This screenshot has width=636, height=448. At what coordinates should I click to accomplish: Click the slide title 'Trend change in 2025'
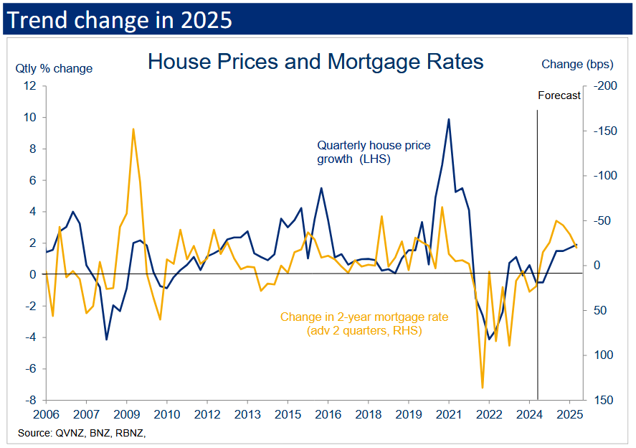tap(119, 19)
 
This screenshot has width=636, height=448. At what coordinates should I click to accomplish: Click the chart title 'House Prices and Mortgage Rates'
tap(315, 62)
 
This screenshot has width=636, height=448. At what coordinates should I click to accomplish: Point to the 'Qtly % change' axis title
tap(54, 69)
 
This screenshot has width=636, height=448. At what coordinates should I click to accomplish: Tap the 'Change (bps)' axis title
tap(577, 65)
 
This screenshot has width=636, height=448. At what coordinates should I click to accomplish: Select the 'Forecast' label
tap(559, 95)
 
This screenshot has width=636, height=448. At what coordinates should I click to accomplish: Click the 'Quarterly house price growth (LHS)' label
tap(374, 152)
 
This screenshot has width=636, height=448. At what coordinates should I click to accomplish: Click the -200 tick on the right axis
tap(604, 86)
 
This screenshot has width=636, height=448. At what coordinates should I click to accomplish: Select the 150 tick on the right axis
tap(602, 400)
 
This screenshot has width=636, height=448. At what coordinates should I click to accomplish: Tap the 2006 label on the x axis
tap(46, 415)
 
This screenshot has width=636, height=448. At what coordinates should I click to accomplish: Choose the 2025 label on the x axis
tap(569, 415)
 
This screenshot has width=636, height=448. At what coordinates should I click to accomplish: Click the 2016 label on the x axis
tap(328, 415)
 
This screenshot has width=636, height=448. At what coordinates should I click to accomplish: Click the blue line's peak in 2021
tap(449, 119)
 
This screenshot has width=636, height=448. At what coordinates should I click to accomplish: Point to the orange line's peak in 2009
tap(133, 129)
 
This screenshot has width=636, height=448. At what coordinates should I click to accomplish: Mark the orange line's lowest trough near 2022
tap(482, 388)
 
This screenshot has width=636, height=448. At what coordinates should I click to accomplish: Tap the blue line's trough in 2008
tap(106, 339)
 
